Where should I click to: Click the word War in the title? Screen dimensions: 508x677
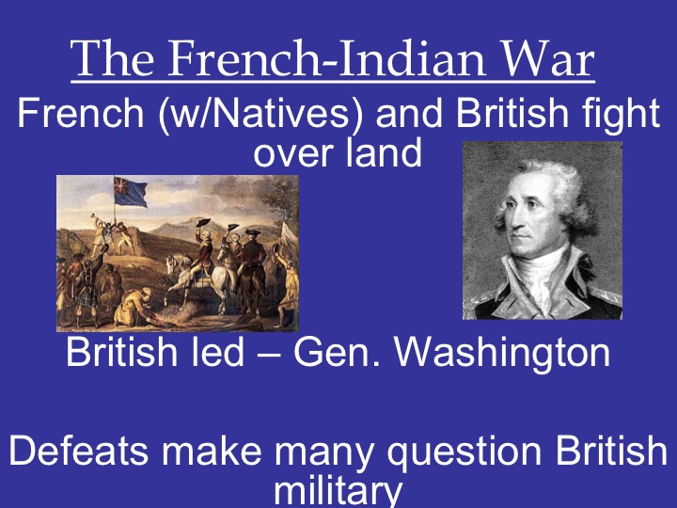(x=550, y=59)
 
